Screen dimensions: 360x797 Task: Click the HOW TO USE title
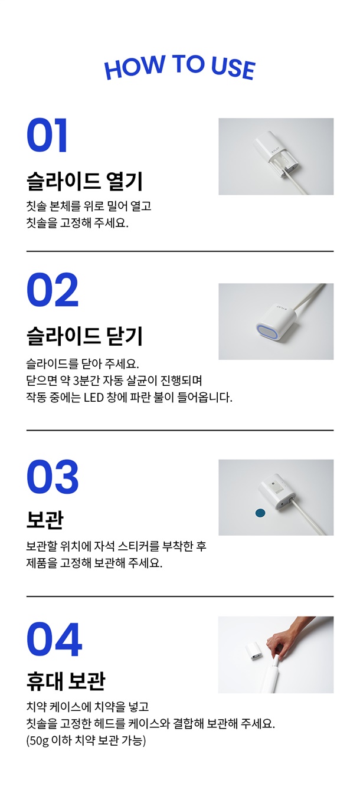(x=180, y=67)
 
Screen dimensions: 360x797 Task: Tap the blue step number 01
(x=47, y=135)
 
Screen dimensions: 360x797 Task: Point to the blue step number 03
(x=53, y=477)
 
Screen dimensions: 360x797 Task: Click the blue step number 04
(x=54, y=639)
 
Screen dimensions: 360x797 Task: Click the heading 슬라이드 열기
(x=84, y=181)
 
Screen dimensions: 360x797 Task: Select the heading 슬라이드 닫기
(x=84, y=336)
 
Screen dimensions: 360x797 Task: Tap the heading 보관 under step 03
(x=45, y=520)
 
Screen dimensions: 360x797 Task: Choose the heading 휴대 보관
(x=66, y=681)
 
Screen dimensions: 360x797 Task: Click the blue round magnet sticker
(x=260, y=513)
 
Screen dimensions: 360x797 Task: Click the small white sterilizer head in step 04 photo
(x=254, y=652)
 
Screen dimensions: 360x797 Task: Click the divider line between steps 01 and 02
(x=180, y=251)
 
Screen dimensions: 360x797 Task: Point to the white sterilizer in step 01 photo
(x=276, y=154)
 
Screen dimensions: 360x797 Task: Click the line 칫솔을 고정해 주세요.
(x=77, y=223)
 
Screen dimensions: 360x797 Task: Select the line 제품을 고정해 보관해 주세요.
(x=94, y=563)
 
